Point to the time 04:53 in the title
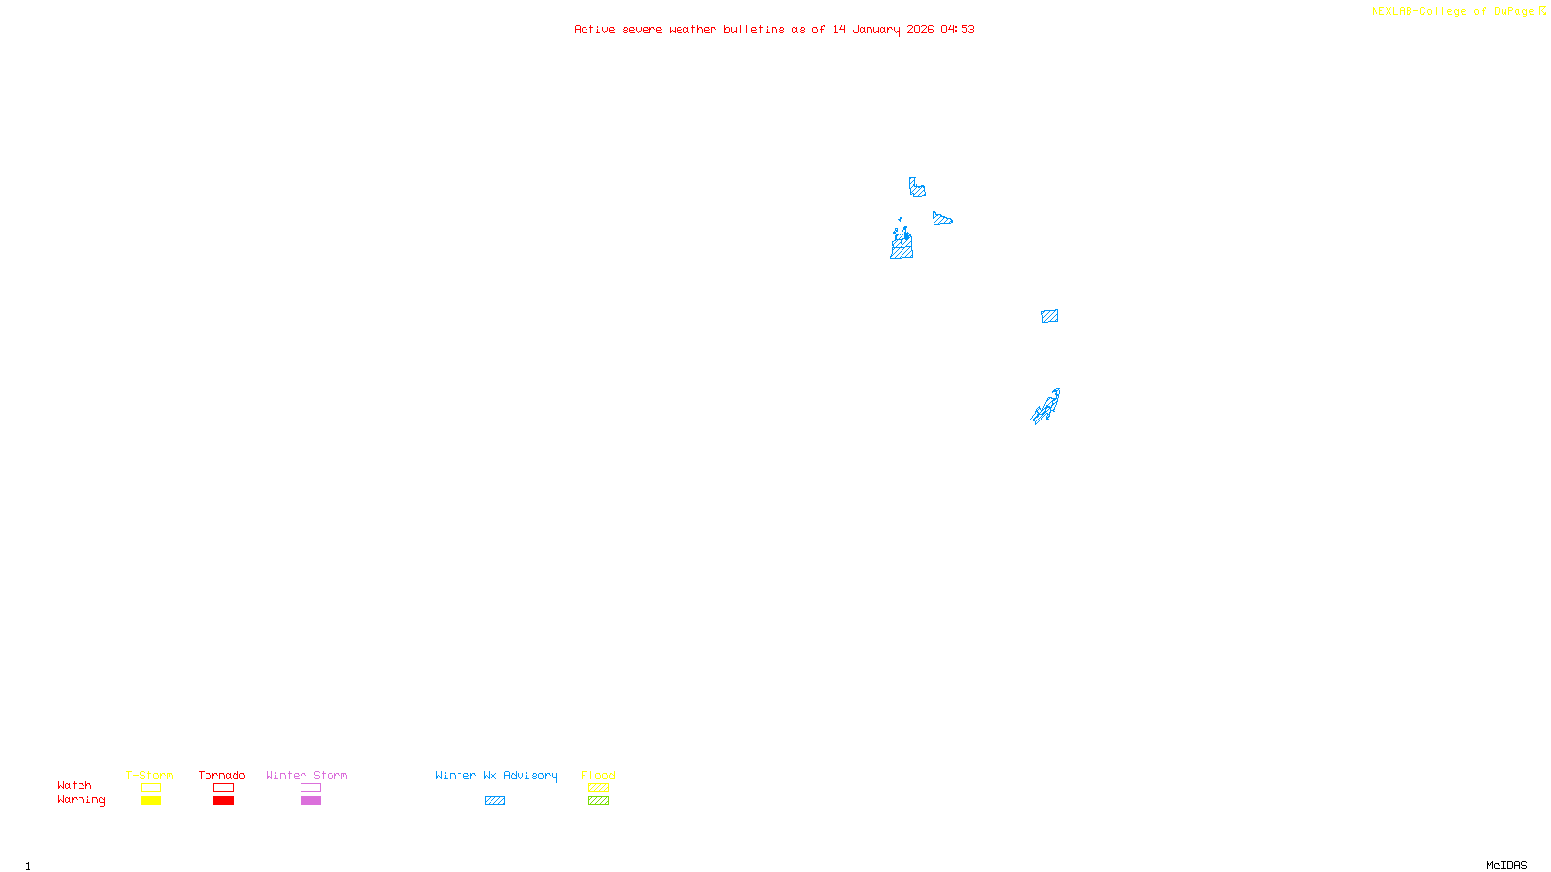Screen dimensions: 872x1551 click(x=957, y=29)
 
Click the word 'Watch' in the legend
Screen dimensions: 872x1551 click(x=75, y=785)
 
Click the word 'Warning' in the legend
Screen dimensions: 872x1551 click(x=80, y=800)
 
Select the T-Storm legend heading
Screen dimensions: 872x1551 click(x=149, y=775)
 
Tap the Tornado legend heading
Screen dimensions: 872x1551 click(x=222, y=775)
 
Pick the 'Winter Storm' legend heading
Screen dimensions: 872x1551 click(x=306, y=775)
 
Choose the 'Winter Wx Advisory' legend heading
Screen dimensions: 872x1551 click(x=496, y=775)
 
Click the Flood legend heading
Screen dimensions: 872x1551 click(x=598, y=775)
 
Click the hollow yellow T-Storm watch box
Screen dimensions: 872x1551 click(x=150, y=788)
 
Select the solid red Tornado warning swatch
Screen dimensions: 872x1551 click(x=223, y=801)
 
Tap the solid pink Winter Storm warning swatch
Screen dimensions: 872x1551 click(x=310, y=801)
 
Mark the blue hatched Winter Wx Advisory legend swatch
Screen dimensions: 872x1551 click(x=494, y=801)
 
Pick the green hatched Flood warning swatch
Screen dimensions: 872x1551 click(x=598, y=801)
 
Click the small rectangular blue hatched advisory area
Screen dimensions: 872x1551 click(x=1049, y=316)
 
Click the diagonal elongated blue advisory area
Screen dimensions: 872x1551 click(x=1046, y=407)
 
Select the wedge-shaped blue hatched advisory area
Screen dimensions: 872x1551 click(x=940, y=219)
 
